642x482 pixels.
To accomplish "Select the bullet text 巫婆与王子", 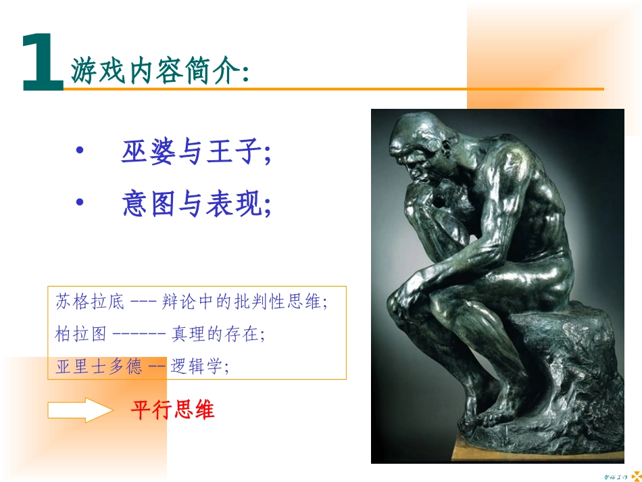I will point(196,153).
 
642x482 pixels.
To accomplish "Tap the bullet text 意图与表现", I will point(196,203).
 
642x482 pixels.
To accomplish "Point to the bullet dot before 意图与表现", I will point(80,202).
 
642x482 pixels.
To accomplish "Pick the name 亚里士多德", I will point(99,367).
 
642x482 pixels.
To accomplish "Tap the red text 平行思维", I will point(173,410).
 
